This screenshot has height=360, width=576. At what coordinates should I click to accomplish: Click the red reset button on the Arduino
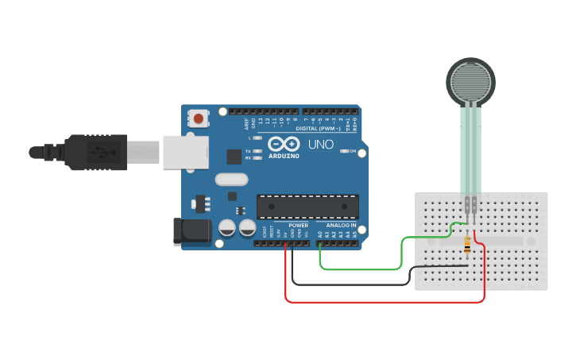[x=198, y=118]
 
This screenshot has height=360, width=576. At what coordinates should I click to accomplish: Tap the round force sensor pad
[x=472, y=82]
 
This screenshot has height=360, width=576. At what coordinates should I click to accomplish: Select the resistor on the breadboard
[x=467, y=246]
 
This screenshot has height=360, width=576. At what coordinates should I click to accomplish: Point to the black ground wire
[x=350, y=284]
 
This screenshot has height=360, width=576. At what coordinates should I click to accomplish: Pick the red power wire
[x=381, y=302]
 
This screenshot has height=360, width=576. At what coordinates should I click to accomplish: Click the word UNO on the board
[x=320, y=145]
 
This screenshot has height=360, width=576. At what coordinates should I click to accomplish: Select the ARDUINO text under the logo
[x=284, y=156]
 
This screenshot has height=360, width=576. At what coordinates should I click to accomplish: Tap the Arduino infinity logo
[x=284, y=144]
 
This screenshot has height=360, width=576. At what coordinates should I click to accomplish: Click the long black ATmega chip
[x=307, y=207]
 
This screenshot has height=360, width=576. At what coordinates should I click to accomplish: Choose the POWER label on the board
[x=299, y=225]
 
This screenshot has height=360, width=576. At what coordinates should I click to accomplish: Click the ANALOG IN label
[x=342, y=225]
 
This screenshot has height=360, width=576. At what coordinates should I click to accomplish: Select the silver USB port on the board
[x=185, y=152]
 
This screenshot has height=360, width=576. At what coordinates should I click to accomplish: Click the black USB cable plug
[x=96, y=152]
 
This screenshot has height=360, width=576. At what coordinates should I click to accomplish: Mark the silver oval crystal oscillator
[x=231, y=180]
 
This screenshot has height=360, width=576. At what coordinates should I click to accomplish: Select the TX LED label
[x=249, y=150]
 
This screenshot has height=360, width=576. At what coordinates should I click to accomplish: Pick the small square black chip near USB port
[x=234, y=157]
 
